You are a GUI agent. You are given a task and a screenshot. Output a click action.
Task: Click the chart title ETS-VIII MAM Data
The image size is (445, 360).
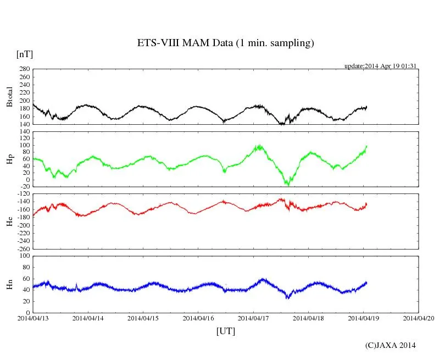coord(225,43)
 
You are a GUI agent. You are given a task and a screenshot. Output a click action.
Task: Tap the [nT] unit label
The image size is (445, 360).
coord(24,54)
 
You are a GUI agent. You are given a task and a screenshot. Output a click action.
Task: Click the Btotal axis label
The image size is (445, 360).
coord(9,97)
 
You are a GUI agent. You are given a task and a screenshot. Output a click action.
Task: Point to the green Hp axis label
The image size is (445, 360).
coord(9,159)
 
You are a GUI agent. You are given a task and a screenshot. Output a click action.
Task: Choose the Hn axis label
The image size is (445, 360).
coord(9,284)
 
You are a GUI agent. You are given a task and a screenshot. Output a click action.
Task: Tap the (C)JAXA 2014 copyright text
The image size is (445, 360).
coord(391,345)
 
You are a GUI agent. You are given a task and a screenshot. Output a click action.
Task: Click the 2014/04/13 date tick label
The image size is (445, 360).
coord(33,318)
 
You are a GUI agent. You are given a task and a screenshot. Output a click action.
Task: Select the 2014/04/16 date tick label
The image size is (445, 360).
coord(198,318)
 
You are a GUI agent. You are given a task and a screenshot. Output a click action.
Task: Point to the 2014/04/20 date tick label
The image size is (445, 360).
coord(419,318)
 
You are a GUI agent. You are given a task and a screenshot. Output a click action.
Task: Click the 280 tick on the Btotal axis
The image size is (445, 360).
coord(24,70)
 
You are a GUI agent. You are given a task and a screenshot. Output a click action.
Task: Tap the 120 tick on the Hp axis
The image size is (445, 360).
coord(24,132)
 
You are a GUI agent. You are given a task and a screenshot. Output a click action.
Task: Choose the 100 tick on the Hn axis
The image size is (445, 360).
coord(24,256)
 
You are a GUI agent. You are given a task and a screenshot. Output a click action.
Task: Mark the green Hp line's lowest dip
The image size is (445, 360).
coord(287,185)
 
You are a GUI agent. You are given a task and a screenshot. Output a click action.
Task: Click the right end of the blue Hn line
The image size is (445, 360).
coord(366,283)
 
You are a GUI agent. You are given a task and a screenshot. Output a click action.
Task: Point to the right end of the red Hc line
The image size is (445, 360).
coord(366,204)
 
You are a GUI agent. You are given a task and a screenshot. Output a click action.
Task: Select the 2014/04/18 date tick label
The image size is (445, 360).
coord(309,318)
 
